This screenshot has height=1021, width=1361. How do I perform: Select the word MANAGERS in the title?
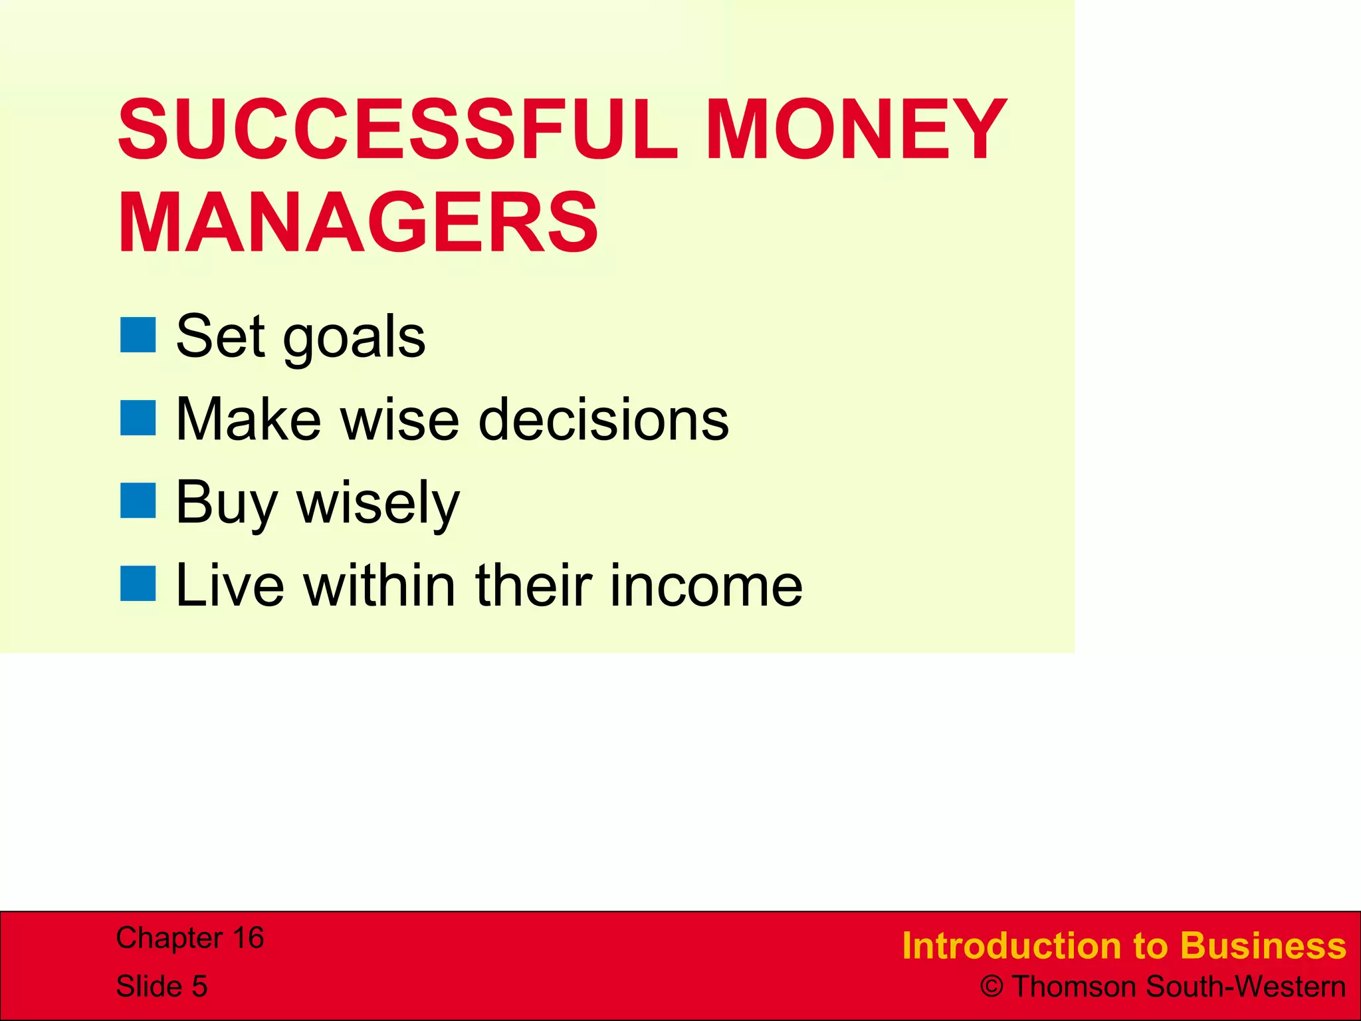point(359,223)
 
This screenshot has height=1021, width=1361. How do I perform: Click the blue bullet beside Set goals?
point(138,335)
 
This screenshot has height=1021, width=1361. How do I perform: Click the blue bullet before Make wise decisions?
point(138,418)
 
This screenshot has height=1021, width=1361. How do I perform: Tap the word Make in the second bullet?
point(249,420)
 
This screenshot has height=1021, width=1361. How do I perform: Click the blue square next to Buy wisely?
point(138,501)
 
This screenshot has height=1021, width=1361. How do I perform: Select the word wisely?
point(378,504)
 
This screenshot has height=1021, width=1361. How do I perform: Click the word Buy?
point(226,504)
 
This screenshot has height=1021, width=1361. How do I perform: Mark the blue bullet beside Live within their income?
point(138,584)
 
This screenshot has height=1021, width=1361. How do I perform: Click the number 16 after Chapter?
point(248,938)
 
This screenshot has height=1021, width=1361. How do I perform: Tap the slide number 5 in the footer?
point(199,986)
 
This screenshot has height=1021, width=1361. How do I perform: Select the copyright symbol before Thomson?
point(992,987)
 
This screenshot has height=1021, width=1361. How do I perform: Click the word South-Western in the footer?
point(1246,987)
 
